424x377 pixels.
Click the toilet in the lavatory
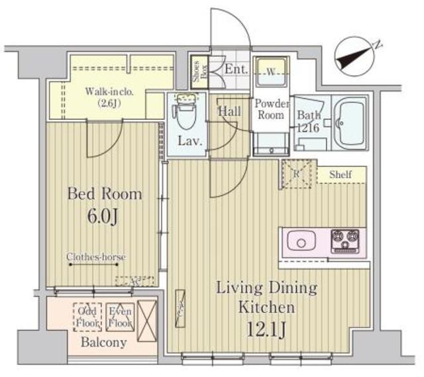point(185,116)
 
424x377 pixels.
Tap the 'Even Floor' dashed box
point(121,317)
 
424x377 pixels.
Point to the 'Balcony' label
point(103,343)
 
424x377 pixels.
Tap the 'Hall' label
point(230,112)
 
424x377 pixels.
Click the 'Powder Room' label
point(272,109)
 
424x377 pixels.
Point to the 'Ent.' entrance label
point(235,69)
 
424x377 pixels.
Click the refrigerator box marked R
point(296,174)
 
